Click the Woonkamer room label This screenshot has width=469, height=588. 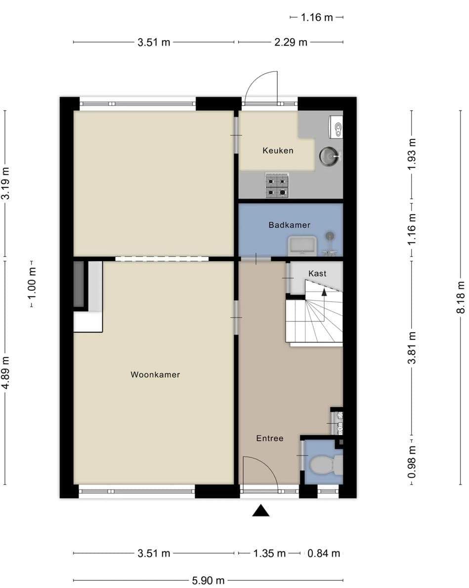tap(155, 375)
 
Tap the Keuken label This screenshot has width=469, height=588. tap(278, 151)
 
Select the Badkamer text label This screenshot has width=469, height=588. tap(290, 225)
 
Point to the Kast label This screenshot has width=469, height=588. tap(317, 273)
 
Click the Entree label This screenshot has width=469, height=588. tap(269, 438)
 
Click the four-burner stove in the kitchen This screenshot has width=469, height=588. tap(277, 185)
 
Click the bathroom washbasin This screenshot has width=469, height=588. tap(302, 246)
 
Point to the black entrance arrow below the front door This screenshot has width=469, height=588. tap(260, 511)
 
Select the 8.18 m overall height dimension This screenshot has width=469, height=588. tap(461, 297)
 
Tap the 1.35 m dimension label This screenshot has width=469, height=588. tap(269, 553)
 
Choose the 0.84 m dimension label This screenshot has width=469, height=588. tap(324, 553)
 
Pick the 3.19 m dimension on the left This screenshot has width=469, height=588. tap(5, 183)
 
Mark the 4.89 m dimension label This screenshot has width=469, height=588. tap(5, 373)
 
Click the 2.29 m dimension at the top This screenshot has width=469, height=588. tap(291, 42)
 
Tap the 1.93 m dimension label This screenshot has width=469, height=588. tap(412, 154)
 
